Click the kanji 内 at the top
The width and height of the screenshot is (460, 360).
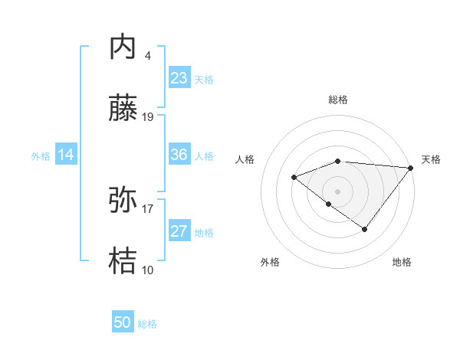pyautogui.click(x=123, y=47)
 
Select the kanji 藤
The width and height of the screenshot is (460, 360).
pyautogui.click(x=123, y=109)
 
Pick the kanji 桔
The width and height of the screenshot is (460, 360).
pyautogui.click(x=123, y=262)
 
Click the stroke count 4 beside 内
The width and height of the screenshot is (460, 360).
pyautogui.click(x=147, y=56)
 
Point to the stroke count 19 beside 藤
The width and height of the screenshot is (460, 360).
pyautogui.click(x=148, y=117)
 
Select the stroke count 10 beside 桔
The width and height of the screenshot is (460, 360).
pyautogui.click(x=148, y=270)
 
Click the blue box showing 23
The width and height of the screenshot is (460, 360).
pyautogui.click(x=179, y=78)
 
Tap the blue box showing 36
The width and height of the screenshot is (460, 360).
pyautogui.click(x=179, y=155)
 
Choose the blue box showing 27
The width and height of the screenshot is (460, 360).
pyautogui.click(x=179, y=231)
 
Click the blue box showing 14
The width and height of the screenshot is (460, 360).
pyautogui.click(x=66, y=155)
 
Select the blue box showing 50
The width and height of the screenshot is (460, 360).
pyautogui.click(x=123, y=322)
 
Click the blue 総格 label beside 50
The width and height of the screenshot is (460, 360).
pyautogui.click(x=147, y=324)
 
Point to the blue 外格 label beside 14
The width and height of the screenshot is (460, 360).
pyautogui.click(x=41, y=156)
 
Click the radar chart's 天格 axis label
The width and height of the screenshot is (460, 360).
pyautogui.click(x=431, y=159)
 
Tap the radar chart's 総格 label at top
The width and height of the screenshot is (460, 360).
pyautogui.click(x=338, y=100)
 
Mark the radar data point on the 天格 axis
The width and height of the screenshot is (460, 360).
pyautogui.click(x=411, y=168)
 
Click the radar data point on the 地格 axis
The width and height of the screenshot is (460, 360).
pyautogui.click(x=365, y=229)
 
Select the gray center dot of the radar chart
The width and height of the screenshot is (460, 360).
pyautogui.click(x=337, y=191)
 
